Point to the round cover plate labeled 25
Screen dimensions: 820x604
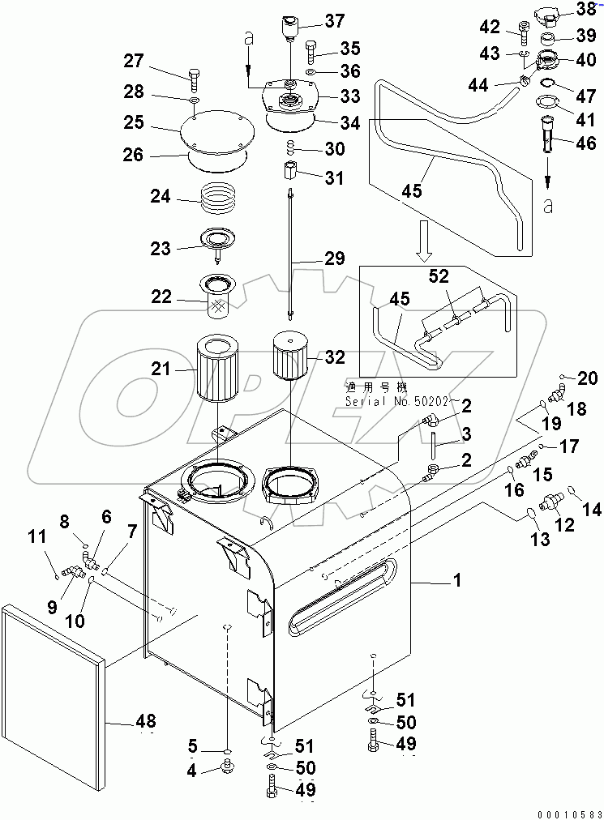click(x=212, y=131)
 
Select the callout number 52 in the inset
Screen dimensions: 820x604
click(x=438, y=276)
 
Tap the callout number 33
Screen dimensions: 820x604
click(x=350, y=96)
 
